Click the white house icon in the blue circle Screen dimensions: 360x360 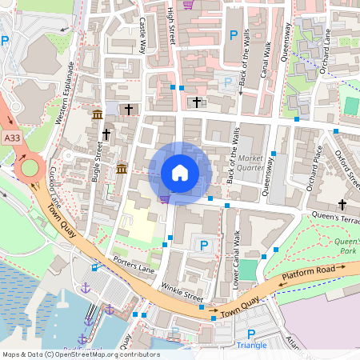pos(180,173)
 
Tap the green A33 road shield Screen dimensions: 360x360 pos(11,138)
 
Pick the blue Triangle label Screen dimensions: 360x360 pos(252,346)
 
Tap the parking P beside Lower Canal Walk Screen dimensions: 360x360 pos(204,246)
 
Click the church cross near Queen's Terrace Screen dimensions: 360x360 pos(343,205)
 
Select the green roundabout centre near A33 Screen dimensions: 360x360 pos(31,167)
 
